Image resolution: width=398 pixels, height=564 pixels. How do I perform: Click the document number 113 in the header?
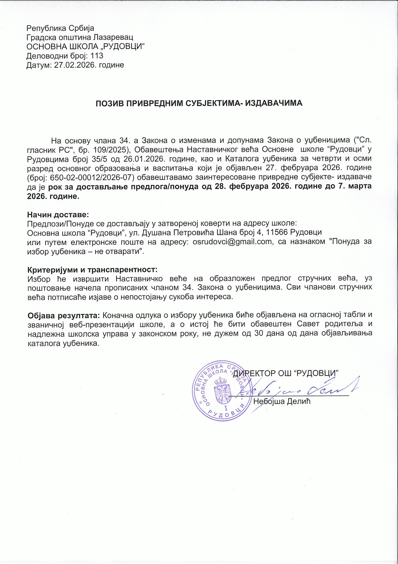point(97,56)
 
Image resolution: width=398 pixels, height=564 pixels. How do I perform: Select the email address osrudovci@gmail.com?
point(232,242)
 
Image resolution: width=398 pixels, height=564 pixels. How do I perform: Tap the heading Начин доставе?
point(58,214)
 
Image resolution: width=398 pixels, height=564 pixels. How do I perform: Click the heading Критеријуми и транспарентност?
point(92,269)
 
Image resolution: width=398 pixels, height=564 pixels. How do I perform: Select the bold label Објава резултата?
point(64,315)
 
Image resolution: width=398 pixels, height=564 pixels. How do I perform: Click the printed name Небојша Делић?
point(282,401)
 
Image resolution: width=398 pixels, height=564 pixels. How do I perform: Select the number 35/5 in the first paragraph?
point(99,159)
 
